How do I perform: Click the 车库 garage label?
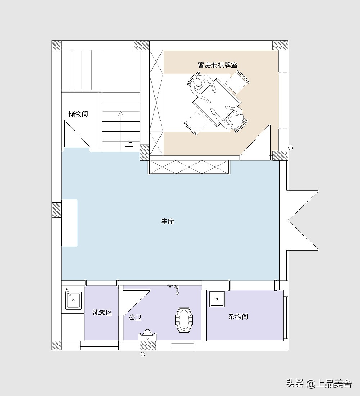[x=167, y=222]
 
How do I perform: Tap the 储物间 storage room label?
[x=78, y=114]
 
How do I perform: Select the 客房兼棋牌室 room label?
[x=217, y=65]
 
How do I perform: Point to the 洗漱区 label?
[x=102, y=312]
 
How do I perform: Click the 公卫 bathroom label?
[x=135, y=317]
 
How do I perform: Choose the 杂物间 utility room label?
[x=238, y=316]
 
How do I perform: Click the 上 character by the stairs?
[x=129, y=143]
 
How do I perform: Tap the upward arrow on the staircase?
[x=121, y=129]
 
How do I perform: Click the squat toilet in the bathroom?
[x=184, y=320]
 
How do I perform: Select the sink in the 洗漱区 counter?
[x=73, y=300]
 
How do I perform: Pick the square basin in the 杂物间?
[x=217, y=299]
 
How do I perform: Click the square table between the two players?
[x=216, y=102]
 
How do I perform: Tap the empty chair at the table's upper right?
[x=237, y=82]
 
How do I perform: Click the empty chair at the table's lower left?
[x=196, y=123]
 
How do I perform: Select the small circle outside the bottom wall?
[x=143, y=354]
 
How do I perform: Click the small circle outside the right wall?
[x=291, y=148]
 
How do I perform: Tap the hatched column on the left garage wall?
[x=57, y=210]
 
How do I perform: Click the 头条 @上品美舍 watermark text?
[x=319, y=384]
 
